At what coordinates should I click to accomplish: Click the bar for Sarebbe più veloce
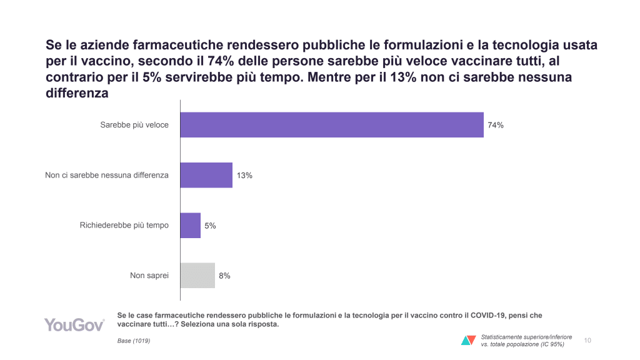point(332,125)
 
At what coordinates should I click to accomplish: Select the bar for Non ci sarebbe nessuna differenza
point(206,175)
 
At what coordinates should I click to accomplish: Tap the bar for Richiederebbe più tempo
point(191,225)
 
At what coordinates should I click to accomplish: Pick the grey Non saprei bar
point(197,275)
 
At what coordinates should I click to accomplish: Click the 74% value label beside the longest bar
point(496,125)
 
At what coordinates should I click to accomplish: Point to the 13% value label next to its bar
point(244,176)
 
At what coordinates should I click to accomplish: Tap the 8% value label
point(224,276)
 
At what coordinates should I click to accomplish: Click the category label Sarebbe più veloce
point(134,125)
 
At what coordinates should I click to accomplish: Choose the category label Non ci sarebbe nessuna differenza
point(107,175)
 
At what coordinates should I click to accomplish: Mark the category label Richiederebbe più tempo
point(124,225)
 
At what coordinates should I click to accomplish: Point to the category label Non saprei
point(149,275)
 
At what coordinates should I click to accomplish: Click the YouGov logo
point(74,324)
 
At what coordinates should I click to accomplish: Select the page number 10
point(587,341)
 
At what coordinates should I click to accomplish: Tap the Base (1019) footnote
point(134,341)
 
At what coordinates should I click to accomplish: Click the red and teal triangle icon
point(468,341)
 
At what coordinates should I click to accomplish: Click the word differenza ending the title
point(78,93)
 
